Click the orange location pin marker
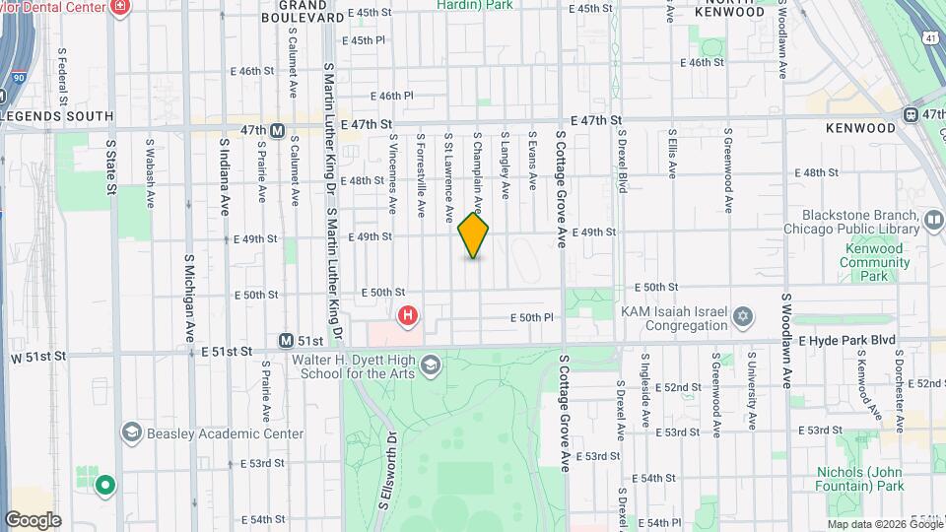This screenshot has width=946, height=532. (x=474, y=235)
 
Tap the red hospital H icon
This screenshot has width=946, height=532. (x=407, y=316)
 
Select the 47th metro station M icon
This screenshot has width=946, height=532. (x=278, y=130)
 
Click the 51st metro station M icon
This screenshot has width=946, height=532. (x=286, y=341)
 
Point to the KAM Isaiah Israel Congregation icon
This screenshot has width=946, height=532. (x=743, y=317)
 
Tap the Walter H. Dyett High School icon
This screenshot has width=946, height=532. (x=430, y=366)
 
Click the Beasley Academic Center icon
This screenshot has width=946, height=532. (x=131, y=432)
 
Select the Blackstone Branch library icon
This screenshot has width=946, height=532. (x=932, y=218)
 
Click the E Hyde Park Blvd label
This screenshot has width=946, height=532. (x=846, y=340)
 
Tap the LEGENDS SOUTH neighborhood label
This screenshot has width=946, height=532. (x=58, y=116)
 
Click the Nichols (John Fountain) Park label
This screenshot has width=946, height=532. (x=859, y=478)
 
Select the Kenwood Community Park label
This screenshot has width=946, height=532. (x=873, y=263)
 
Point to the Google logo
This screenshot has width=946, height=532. (x=33, y=519)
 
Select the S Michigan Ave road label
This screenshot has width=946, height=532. (x=188, y=295)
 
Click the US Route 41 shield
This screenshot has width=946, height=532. (x=930, y=37)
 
